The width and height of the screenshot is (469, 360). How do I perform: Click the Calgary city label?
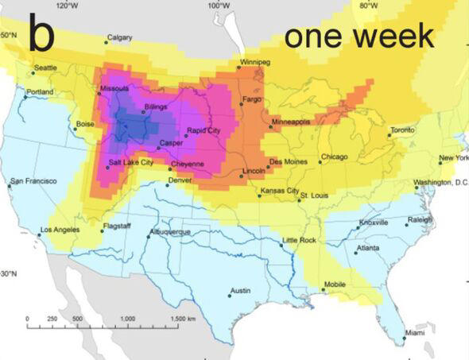tap(119, 37)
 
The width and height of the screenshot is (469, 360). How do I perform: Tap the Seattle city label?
tap(45, 68)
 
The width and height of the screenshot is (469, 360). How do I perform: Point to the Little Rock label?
tap(300, 239)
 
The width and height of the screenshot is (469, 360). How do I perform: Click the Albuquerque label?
tap(170, 231)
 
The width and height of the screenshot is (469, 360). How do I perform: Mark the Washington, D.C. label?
tap(441, 182)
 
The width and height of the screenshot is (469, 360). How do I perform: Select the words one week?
tap(359, 36)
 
